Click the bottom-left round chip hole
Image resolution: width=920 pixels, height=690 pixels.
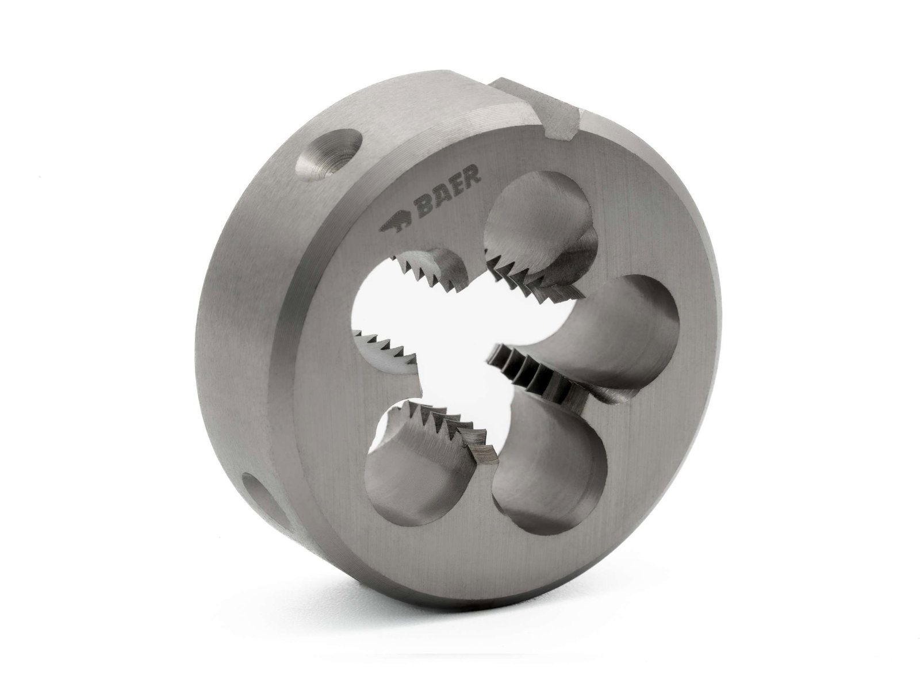coord(402,460)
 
